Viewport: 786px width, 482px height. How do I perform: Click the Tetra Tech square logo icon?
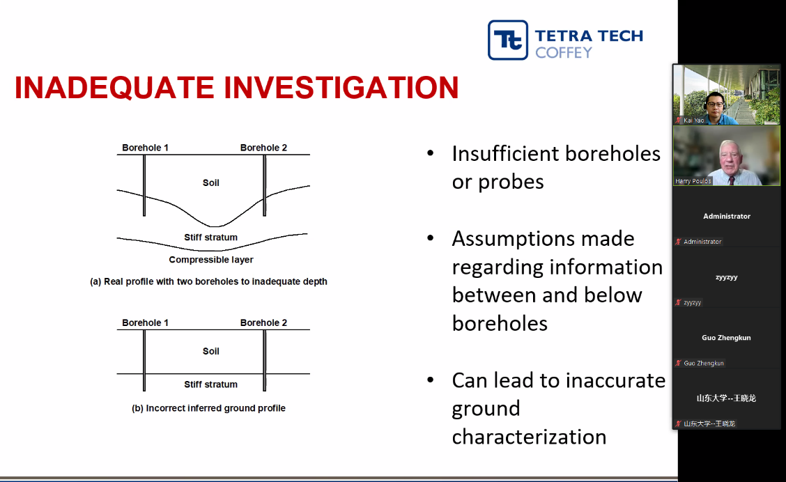pos(508,40)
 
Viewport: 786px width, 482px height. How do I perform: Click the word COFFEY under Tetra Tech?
pos(564,53)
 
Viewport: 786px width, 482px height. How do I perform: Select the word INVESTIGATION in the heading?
pos(341,88)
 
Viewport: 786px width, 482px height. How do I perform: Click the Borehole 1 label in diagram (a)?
pos(146,148)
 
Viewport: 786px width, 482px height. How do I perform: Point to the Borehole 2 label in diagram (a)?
pos(263,148)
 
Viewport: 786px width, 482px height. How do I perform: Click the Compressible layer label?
pos(211,260)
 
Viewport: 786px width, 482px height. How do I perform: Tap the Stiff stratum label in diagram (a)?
pos(210,238)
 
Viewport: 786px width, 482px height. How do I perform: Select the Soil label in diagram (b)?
pos(211,351)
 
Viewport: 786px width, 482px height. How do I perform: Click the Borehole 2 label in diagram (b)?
pos(263,322)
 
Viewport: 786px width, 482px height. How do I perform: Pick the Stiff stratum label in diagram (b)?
pos(210,384)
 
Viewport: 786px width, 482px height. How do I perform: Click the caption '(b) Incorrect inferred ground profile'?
pos(208,408)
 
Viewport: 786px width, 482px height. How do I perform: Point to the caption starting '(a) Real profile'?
pos(208,281)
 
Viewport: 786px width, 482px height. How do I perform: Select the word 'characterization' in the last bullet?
pos(529,437)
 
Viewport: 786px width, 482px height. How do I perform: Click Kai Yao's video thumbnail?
pos(726,95)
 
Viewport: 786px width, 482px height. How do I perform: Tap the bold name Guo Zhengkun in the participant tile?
pos(726,338)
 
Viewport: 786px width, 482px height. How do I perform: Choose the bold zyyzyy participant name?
pos(726,277)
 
